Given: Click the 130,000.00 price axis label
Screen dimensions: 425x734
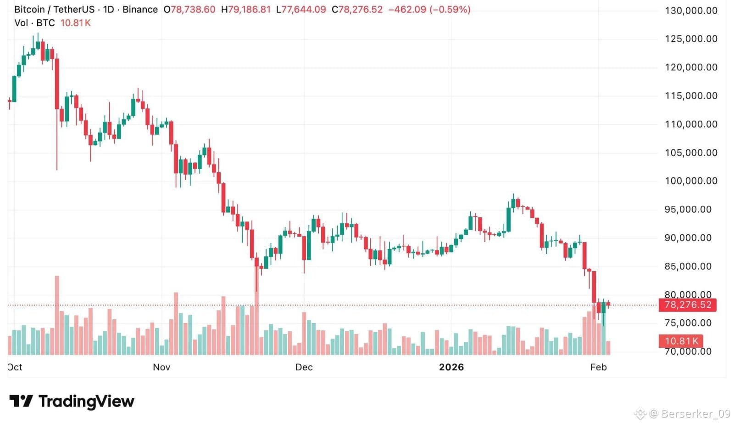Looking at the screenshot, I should pyautogui.click(x=691, y=11).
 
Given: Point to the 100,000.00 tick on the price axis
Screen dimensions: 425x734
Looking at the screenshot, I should pyautogui.click(x=691, y=181).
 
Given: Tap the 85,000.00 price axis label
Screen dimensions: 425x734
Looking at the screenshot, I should pyautogui.click(x=688, y=266).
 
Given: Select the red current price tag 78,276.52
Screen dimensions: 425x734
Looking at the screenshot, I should pyautogui.click(x=687, y=305).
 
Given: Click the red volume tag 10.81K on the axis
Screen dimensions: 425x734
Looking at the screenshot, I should pyautogui.click(x=681, y=341).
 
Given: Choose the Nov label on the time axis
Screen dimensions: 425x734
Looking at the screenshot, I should pyautogui.click(x=161, y=367).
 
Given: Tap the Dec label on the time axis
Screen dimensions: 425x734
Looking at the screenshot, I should pyautogui.click(x=304, y=367).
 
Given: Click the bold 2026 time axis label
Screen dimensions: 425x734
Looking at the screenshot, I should pyautogui.click(x=451, y=367).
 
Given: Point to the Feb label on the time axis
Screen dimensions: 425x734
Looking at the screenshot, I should pyautogui.click(x=598, y=367).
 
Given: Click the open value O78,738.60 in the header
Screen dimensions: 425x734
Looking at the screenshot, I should pyautogui.click(x=189, y=10).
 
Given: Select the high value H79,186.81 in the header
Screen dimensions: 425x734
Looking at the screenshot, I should pyautogui.click(x=246, y=10).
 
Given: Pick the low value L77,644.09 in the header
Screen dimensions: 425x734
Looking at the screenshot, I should pyautogui.click(x=301, y=10).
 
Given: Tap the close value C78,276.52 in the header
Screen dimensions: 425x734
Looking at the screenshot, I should pyautogui.click(x=357, y=10).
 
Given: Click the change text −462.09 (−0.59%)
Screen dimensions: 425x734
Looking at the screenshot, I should pyautogui.click(x=429, y=10).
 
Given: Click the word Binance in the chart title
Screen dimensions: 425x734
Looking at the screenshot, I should pyautogui.click(x=140, y=10).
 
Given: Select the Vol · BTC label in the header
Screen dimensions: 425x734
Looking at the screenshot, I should pyautogui.click(x=34, y=23).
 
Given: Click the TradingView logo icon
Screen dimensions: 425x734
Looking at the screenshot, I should pyautogui.click(x=21, y=401).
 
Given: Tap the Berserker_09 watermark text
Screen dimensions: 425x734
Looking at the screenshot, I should pyautogui.click(x=695, y=414).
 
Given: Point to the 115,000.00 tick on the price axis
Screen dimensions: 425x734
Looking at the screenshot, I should pyautogui.click(x=691, y=96).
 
